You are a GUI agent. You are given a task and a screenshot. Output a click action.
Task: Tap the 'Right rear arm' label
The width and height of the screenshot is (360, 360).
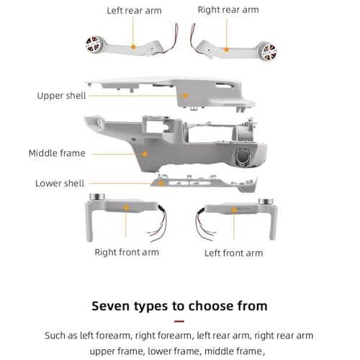(228, 9)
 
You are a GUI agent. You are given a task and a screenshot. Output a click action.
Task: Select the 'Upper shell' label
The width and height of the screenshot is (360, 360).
(61, 96)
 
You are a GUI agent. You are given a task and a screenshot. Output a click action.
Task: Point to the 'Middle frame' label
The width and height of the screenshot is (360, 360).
(57, 153)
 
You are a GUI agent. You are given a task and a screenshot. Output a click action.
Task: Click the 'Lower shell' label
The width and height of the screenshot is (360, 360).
(60, 184)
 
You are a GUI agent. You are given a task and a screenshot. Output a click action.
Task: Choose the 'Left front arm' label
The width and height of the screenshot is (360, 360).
(233, 253)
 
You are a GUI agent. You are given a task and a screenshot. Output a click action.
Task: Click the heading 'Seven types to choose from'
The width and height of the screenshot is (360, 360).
(179, 305)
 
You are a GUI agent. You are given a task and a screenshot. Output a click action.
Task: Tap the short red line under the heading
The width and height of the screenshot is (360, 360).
(179, 321)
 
